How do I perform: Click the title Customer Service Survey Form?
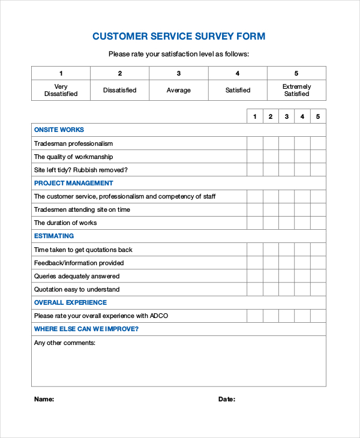point(179,37)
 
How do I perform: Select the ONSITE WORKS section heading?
point(59,130)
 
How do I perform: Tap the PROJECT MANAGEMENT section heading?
point(73,183)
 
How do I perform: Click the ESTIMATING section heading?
point(54,236)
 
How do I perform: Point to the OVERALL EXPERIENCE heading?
point(70,302)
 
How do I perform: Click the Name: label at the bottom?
point(44,399)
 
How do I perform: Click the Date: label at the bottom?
point(226,399)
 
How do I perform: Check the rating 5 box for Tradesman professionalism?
point(318,143)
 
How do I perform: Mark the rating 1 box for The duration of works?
point(255,223)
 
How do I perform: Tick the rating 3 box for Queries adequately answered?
point(287,276)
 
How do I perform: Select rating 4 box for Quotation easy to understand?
point(302,289)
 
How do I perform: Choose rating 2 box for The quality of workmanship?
point(271,157)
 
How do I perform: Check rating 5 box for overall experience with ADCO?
point(318,316)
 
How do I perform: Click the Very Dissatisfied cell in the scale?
point(61,90)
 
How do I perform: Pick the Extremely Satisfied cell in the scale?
point(296,90)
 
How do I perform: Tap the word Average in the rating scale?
point(179,91)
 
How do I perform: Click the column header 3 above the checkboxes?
point(287,116)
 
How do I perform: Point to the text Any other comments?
point(65,343)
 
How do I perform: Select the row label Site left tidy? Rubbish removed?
point(80,170)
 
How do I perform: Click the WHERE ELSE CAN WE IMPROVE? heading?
point(86,329)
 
